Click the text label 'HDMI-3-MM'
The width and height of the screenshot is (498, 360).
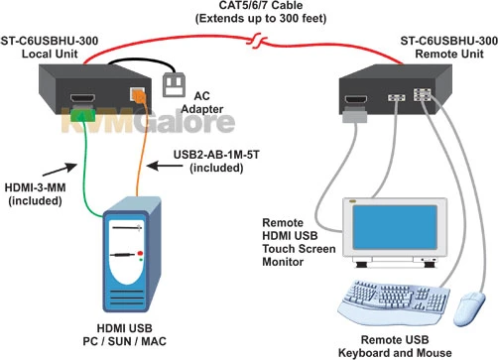pos(35,190)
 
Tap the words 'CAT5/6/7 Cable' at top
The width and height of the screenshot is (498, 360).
pos(251,8)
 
